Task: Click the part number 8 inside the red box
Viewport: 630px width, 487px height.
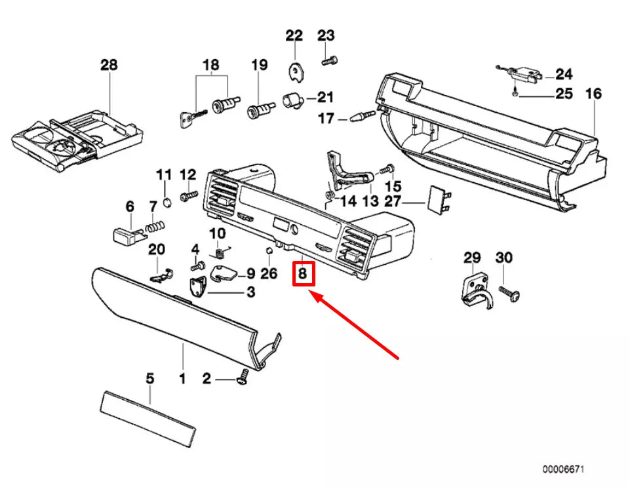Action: (x=303, y=273)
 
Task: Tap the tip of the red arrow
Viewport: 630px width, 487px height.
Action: (x=311, y=295)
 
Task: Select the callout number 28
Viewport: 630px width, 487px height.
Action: (x=109, y=65)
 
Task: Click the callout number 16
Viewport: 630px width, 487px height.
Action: (x=593, y=94)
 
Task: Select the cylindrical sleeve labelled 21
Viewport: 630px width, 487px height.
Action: (x=292, y=101)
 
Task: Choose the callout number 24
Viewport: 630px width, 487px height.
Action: (x=564, y=73)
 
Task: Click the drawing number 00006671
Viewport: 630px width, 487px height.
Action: (x=562, y=470)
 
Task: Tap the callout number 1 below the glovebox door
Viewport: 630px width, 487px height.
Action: (x=182, y=378)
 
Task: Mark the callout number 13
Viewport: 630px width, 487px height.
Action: (x=370, y=201)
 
